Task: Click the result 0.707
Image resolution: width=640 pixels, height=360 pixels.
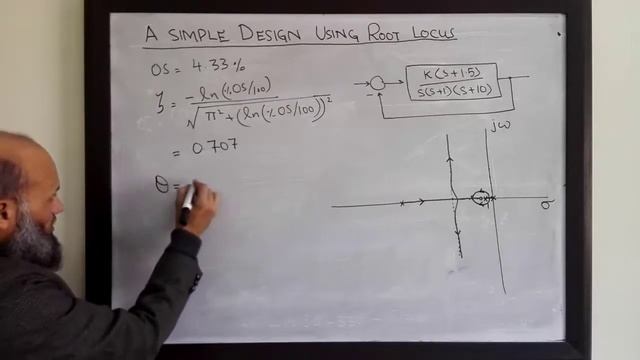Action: coord(213,146)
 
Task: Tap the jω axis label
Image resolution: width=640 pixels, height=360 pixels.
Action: coord(500,126)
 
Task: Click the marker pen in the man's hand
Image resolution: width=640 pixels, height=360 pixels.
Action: coord(187,205)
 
